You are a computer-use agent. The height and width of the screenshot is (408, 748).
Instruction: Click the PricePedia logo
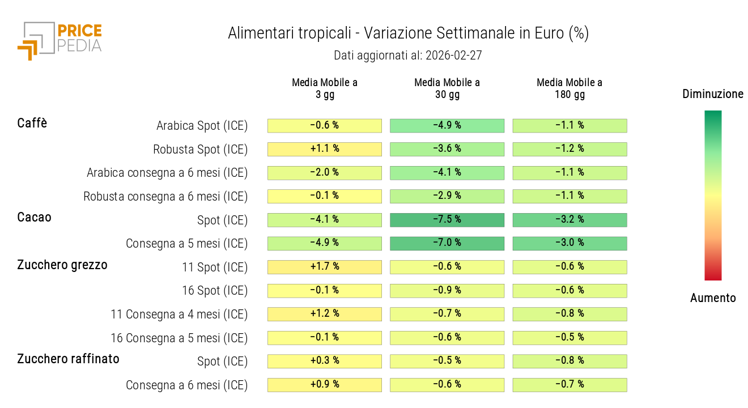pos(59,40)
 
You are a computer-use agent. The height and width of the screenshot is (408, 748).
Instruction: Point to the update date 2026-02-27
pos(453,56)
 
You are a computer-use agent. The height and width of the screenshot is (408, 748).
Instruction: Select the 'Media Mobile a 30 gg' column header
pos(447,88)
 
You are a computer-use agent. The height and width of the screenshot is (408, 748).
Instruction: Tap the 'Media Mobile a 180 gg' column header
pos(569,88)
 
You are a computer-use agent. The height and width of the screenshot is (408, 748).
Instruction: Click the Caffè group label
pos(32,123)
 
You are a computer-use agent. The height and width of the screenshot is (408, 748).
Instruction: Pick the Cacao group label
pos(34,217)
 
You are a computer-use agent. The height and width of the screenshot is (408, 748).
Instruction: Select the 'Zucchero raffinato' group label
pos(68,359)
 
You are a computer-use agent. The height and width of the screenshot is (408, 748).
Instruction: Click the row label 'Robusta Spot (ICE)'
pos(200,150)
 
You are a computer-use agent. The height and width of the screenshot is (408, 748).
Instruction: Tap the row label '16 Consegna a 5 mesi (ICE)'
pos(179,338)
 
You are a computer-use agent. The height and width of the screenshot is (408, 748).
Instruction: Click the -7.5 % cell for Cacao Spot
pos(447,220)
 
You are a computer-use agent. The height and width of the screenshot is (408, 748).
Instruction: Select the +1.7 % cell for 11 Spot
pos(325,267)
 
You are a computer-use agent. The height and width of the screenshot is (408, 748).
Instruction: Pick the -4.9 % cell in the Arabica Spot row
pos(447,126)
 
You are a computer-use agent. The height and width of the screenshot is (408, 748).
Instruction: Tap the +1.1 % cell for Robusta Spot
pos(325,149)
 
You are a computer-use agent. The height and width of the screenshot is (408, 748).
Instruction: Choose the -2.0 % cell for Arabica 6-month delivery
pos(325,173)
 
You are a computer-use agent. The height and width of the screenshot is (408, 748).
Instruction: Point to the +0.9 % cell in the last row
pos(325,385)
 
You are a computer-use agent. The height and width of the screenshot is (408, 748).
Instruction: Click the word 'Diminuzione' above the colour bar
pos(713,94)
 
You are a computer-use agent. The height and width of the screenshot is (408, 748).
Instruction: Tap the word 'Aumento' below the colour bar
pos(713,298)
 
